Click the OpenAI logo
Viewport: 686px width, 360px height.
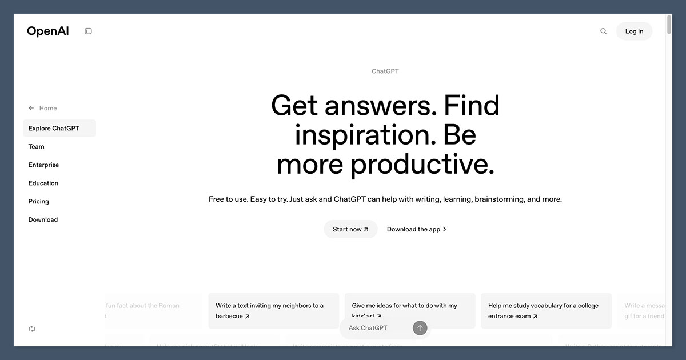48,31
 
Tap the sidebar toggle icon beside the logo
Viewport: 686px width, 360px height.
88,31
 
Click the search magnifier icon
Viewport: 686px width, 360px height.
603,31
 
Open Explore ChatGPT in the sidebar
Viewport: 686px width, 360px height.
54,129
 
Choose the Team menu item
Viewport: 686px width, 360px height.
37,147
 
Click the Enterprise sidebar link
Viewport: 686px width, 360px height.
43,165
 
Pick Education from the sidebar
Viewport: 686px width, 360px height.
43,183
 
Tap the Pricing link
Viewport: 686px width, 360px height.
39,202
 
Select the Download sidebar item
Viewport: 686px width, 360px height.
43,220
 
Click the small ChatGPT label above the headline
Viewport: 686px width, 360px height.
385,71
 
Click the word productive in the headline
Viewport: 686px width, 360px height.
422,165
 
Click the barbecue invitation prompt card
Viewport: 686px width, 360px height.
273,311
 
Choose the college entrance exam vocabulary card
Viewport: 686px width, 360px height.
546,311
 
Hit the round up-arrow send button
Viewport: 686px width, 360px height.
420,328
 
